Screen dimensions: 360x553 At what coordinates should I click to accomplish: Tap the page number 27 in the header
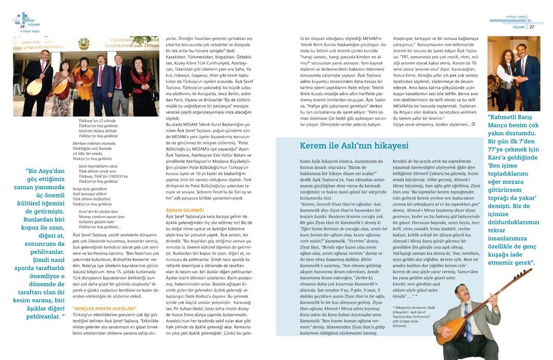pyautogui.click(x=532, y=26)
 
